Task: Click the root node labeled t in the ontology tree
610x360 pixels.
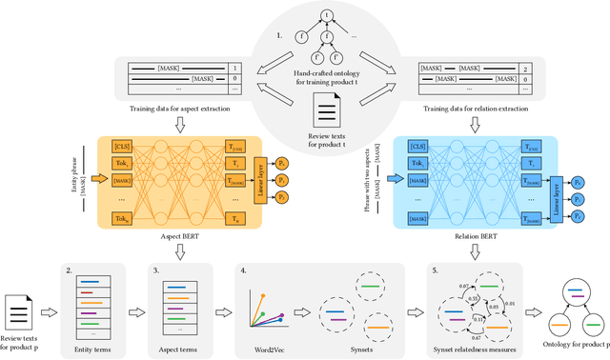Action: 299,14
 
